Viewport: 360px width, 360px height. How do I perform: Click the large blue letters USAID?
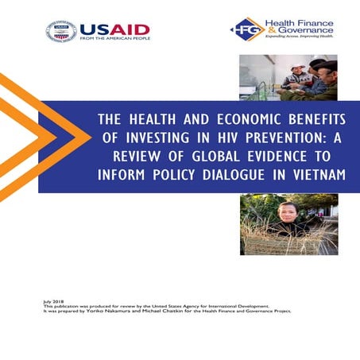point(114,29)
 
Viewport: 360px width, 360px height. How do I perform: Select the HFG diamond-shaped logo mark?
point(242,29)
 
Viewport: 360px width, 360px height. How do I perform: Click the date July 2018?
point(52,303)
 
